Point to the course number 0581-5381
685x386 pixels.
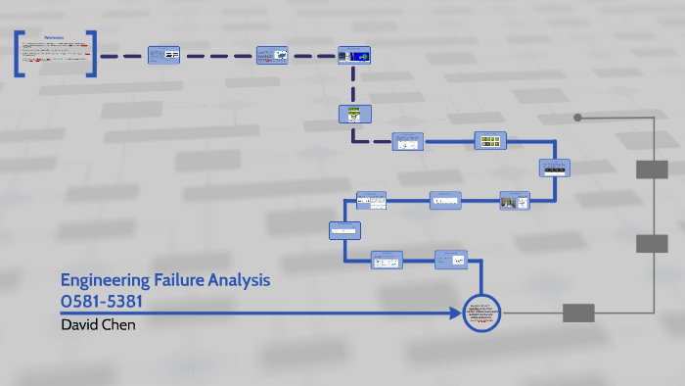108,302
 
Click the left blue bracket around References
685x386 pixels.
20,54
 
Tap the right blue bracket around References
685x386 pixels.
92,54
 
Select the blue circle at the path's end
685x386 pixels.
481,314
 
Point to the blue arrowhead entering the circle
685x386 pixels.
456,314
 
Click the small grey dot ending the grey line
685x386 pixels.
577,118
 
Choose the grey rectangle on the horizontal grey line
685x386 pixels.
578,314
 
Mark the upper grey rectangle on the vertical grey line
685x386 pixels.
652,169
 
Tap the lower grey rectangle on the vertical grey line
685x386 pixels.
652,244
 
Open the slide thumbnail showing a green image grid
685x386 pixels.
489,140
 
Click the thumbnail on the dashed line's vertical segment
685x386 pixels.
352,115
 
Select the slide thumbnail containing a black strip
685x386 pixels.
554,168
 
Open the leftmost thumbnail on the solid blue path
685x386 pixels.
344,231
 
